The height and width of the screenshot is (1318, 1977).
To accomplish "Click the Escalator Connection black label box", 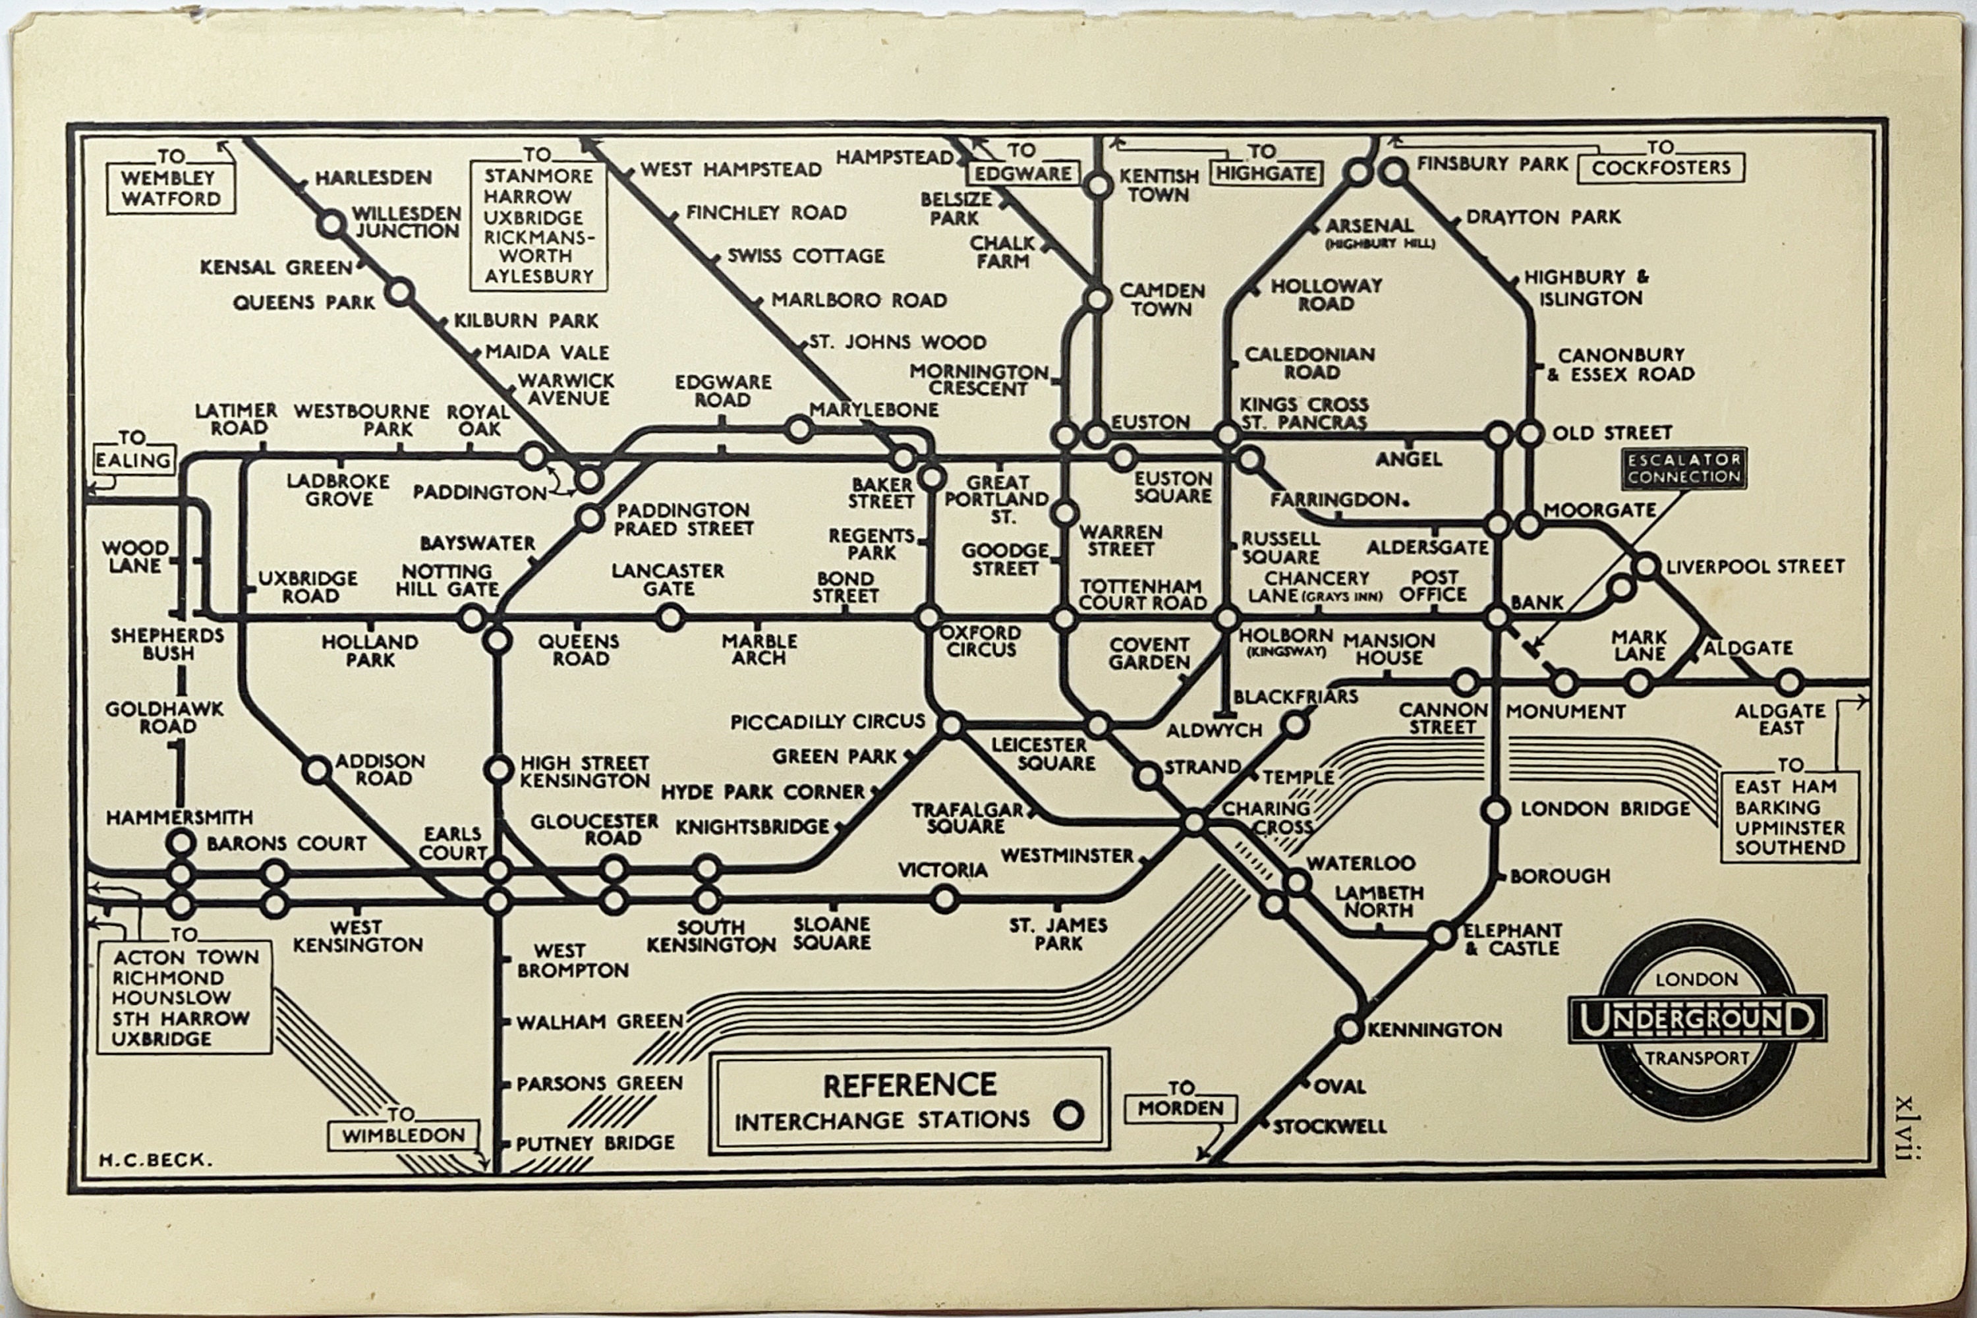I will coord(1684,468).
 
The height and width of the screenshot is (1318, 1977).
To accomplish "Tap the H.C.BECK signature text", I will coord(156,1160).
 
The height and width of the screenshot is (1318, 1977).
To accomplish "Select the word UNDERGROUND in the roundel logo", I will coord(1697,1019).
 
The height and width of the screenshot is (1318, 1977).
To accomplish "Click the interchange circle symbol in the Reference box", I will coord(1068,1116).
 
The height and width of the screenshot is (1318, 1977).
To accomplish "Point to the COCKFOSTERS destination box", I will coord(1661,167).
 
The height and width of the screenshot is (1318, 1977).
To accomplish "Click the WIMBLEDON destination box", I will coord(403,1135).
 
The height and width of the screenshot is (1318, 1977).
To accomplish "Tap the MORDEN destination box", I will coord(1180,1108).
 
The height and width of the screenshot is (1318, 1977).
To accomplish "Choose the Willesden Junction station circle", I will coord(331,225).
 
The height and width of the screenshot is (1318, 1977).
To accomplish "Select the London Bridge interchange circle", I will coord(1495,811).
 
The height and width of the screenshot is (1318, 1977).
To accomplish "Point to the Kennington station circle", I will coord(1349,1028).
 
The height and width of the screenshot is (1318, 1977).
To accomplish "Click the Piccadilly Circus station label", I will coord(827,721).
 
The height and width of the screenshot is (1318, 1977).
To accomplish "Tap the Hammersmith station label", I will coord(179,817).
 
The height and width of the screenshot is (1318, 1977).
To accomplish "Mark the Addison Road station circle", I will coord(317,769).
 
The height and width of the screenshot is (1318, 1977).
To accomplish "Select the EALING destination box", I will coord(133,460).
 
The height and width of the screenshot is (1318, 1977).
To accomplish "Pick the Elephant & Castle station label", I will coord(1512,939).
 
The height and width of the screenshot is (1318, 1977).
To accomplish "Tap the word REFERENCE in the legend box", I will coord(909,1085).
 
